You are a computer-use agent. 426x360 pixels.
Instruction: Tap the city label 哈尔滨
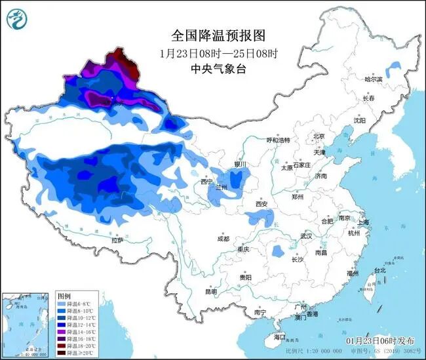pos(373,79)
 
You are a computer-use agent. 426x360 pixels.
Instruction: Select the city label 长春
pos(369,98)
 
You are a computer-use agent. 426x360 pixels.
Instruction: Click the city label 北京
pos(319,136)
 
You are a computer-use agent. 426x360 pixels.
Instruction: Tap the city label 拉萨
pos(117,241)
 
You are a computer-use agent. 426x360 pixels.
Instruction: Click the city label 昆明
pos(211,291)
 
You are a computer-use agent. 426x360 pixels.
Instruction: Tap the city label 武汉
pos(306,235)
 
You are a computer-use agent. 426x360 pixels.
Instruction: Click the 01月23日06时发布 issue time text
pos(381,341)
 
